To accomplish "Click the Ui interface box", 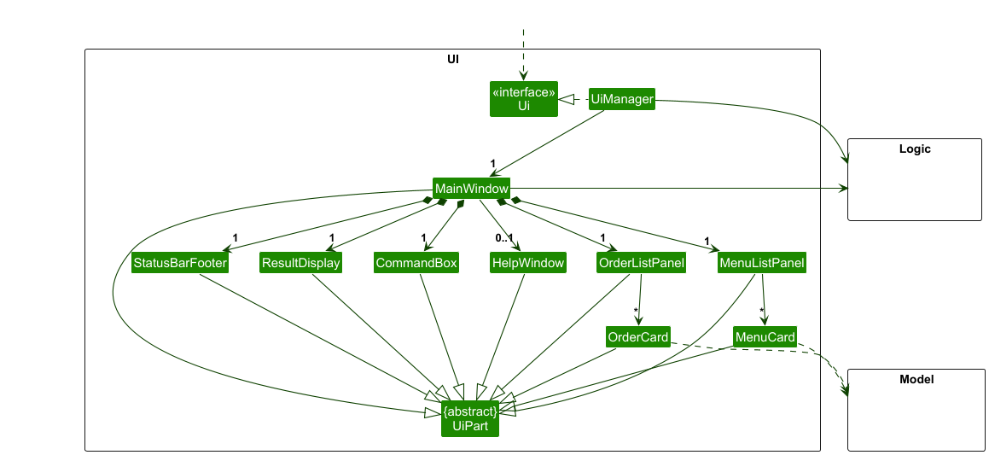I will click(523, 99).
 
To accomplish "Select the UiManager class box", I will click(622, 100).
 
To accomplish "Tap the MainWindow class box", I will click(471, 188).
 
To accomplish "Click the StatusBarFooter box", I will click(180, 263).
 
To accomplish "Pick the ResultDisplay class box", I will click(301, 263).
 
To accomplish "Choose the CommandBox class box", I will click(416, 263).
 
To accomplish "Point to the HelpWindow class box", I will click(528, 263).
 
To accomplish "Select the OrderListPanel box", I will click(642, 263).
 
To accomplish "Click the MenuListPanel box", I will click(762, 263).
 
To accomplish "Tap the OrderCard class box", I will click(638, 337).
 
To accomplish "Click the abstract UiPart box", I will click(469, 418).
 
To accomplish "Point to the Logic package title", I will click(915, 149).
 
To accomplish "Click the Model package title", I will click(916, 379).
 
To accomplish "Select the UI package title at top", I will click(452, 58).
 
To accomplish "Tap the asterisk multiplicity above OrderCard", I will click(635, 311).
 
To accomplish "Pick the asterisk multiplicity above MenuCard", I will click(762, 311).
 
